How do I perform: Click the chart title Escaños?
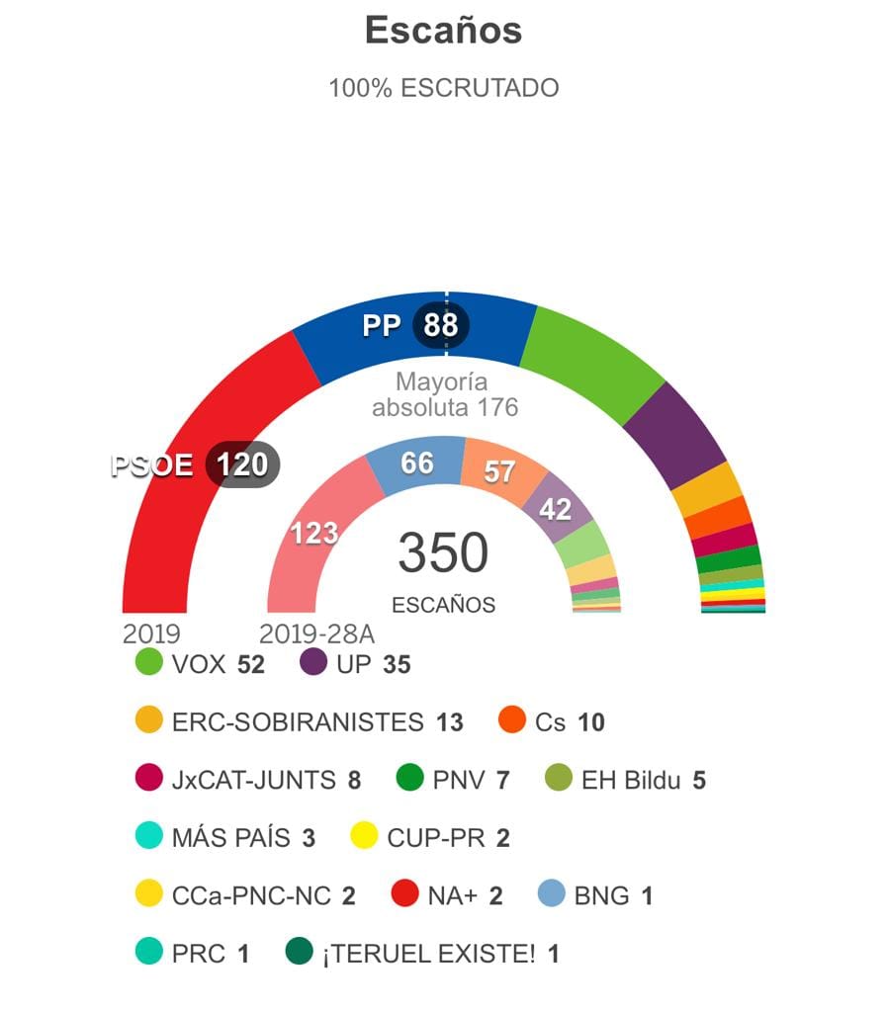[x=443, y=31]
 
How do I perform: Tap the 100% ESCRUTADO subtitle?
[x=443, y=88]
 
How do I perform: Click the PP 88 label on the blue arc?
[x=414, y=324]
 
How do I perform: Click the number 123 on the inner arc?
[x=314, y=534]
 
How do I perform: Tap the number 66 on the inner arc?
[x=416, y=463]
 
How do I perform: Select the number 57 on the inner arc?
[x=499, y=472]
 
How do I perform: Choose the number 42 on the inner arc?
[x=555, y=509]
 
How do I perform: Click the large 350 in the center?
[x=443, y=553]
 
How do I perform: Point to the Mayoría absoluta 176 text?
[x=444, y=394]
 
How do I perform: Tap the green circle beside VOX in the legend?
[x=149, y=663]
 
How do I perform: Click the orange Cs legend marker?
[x=512, y=721]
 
